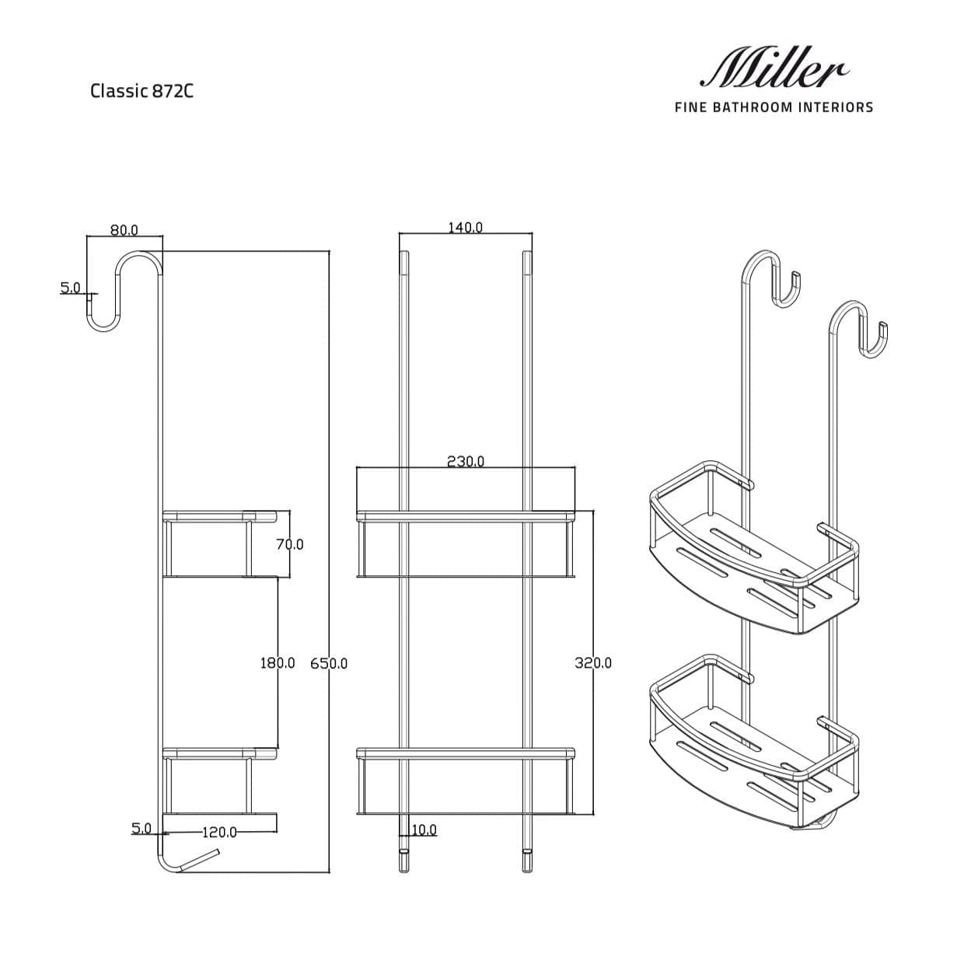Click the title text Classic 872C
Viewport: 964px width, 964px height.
pyautogui.click(x=141, y=91)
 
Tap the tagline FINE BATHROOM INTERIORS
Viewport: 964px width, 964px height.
pyautogui.click(x=774, y=107)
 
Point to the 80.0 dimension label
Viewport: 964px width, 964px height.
pyautogui.click(x=124, y=230)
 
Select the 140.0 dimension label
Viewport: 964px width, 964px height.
pyautogui.click(x=465, y=228)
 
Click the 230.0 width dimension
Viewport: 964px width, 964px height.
pyautogui.click(x=465, y=461)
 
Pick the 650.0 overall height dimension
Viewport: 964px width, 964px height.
pyautogui.click(x=329, y=663)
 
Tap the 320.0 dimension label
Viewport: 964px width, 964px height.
pyautogui.click(x=593, y=663)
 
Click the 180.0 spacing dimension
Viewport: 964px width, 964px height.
pyautogui.click(x=277, y=663)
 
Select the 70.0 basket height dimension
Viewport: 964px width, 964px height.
pyautogui.click(x=290, y=543)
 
